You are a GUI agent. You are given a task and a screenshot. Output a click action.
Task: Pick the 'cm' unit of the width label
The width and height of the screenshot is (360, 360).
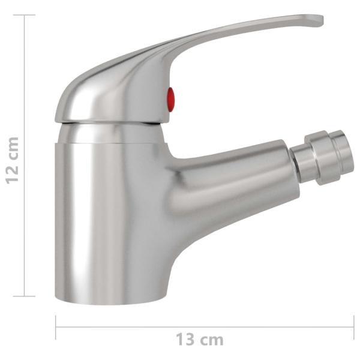tap(212, 340)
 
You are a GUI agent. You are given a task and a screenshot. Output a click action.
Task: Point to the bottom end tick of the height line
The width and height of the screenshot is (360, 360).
tap(24, 296)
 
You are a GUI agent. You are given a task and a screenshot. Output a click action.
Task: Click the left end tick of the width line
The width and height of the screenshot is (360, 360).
tap(56, 328)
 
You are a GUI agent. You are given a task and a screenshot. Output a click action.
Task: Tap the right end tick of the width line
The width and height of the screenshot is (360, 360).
tap(353, 328)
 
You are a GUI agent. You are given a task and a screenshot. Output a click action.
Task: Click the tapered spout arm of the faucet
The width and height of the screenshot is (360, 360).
tap(234, 180)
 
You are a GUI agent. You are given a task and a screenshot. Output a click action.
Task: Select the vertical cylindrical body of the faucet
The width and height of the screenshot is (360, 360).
tap(108, 216)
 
